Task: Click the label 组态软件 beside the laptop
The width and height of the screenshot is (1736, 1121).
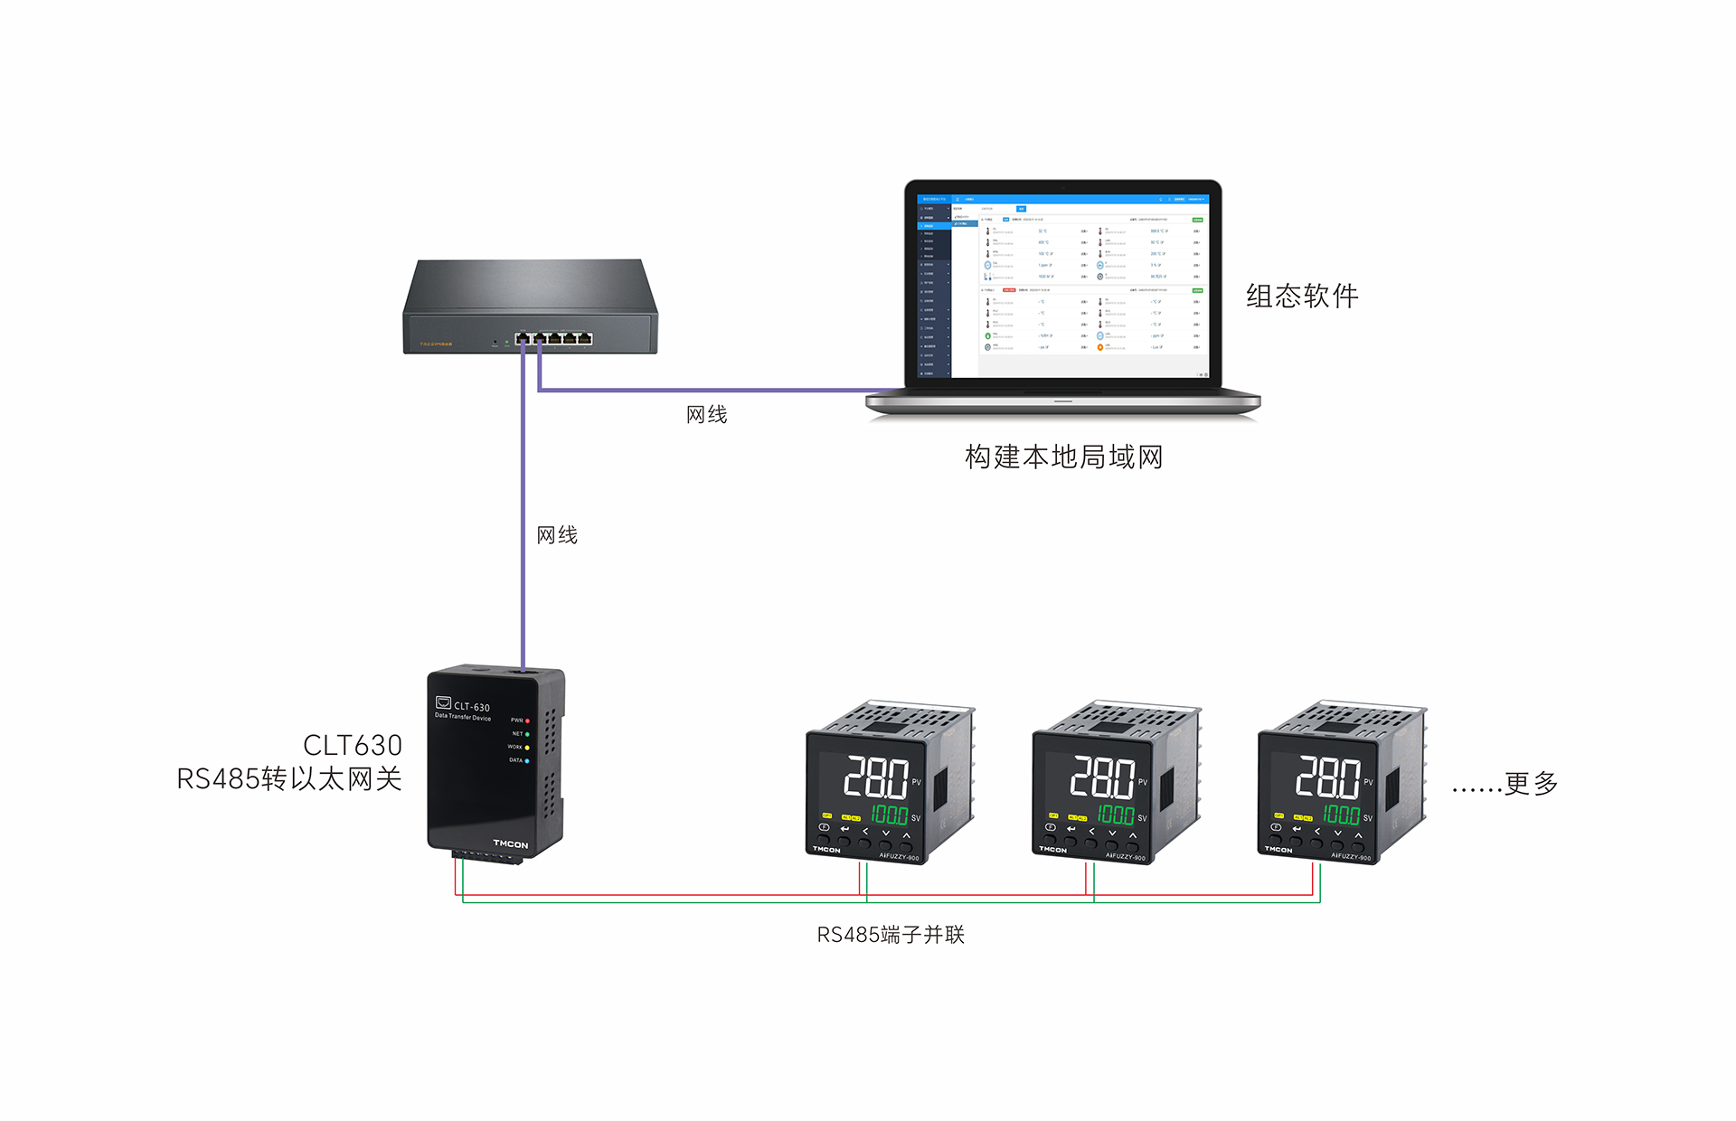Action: (1301, 296)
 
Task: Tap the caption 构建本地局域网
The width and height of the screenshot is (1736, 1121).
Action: (1063, 457)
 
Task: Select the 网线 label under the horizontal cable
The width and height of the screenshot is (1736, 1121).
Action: (706, 414)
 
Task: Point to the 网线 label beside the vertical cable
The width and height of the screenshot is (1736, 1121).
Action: (557, 534)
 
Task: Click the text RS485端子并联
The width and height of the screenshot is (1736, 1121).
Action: (891, 934)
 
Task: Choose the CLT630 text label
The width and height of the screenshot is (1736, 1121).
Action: (352, 745)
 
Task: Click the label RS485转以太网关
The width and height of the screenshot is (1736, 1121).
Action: (288, 778)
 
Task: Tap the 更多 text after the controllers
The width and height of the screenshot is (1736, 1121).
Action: (1531, 783)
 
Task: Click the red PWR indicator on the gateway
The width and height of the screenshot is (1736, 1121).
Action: (527, 721)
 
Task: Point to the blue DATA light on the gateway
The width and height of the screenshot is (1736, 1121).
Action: (527, 761)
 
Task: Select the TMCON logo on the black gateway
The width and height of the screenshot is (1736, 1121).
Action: (510, 843)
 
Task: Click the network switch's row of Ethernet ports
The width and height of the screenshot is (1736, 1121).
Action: (553, 338)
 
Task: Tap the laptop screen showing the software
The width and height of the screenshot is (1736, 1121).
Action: (1063, 286)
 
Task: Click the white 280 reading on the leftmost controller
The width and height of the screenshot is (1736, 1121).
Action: (875, 777)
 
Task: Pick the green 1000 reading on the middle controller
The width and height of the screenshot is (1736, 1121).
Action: (1116, 815)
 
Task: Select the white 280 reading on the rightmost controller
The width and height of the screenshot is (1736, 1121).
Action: (1327, 777)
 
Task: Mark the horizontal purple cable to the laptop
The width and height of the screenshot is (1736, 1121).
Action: (705, 391)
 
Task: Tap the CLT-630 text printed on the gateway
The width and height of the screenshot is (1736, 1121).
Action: (471, 707)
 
